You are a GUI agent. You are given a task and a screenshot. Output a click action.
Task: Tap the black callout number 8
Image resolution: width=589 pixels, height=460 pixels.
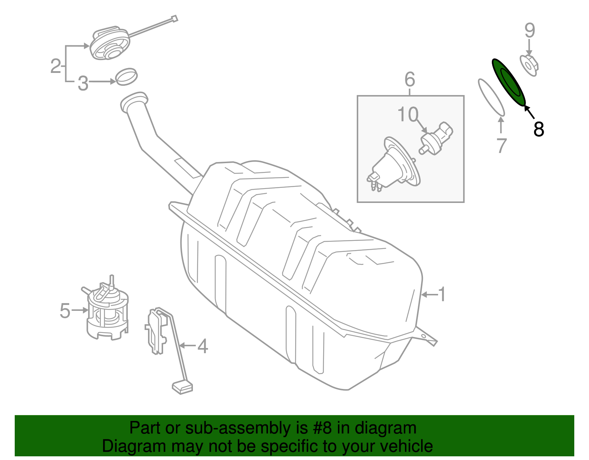tap(539, 129)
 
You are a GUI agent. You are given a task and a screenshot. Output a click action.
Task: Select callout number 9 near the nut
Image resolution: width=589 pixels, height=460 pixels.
tap(529, 30)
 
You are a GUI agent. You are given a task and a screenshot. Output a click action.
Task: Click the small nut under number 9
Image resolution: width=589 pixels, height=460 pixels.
tap(529, 66)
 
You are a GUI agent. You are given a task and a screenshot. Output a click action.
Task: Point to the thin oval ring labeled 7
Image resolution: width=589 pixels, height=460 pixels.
tap(491, 97)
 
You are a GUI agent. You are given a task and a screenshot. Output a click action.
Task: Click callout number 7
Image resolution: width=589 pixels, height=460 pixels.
tap(501, 146)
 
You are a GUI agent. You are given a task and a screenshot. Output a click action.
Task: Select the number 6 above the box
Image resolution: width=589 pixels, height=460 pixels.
tap(410, 80)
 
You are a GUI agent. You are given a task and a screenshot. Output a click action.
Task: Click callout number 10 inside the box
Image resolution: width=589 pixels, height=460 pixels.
tap(408, 115)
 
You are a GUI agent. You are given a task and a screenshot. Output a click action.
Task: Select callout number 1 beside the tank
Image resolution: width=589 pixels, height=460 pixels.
tap(442, 294)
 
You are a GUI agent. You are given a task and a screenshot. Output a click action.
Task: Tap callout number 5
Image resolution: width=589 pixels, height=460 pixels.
tap(65, 311)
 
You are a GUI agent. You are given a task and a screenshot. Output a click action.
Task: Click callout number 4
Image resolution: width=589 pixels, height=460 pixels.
tap(203, 346)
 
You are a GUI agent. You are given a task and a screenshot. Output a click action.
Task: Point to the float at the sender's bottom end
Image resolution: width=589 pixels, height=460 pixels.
tap(182, 387)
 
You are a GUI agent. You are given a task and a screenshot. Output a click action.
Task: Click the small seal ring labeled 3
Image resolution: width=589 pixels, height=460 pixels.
tap(126, 76)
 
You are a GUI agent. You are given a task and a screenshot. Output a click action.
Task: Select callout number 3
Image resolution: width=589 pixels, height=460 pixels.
tap(83, 84)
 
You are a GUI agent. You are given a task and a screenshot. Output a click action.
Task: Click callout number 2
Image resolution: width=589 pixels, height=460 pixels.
tap(56, 66)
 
